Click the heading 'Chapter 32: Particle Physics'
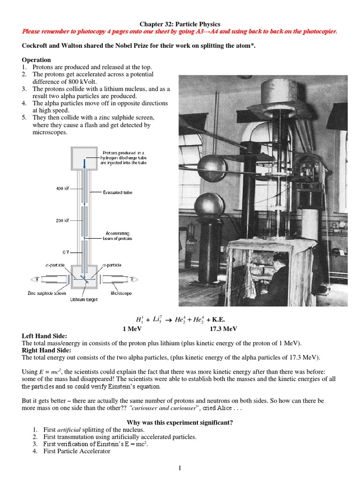[180, 24]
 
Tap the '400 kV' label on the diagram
[62, 188]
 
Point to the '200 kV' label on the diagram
[62, 220]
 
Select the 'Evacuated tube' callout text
[119, 192]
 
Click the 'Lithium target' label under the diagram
[84, 300]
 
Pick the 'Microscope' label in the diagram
[121, 293]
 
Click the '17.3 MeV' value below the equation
[220, 329]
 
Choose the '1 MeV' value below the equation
[132, 329]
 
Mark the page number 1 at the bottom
[180, 467]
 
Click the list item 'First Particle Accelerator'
[77, 451]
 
